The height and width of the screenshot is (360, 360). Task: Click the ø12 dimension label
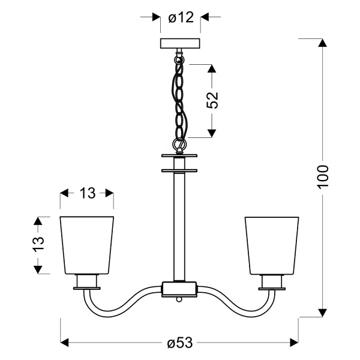click(181, 18)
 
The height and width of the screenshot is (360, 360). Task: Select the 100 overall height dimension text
click(323, 176)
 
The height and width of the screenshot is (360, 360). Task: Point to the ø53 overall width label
click(179, 343)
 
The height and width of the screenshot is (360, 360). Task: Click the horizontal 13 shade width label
click(87, 193)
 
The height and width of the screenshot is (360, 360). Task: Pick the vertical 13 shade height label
click(38, 244)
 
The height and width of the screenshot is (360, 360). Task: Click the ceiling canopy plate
click(180, 44)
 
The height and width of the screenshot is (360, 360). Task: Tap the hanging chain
click(179, 96)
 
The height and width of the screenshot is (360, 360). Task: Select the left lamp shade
click(87, 244)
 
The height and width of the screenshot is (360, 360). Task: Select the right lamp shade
click(272, 244)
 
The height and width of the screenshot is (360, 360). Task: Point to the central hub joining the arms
click(179, 289)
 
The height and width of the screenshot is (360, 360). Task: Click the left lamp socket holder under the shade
click(87, 281)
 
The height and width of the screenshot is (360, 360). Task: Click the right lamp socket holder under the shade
click(272, 281)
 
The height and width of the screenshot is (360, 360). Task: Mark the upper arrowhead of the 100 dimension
click(323, 43)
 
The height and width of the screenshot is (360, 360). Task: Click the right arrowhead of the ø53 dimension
click(294, 343)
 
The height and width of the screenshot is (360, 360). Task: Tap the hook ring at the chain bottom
click(178, 144)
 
